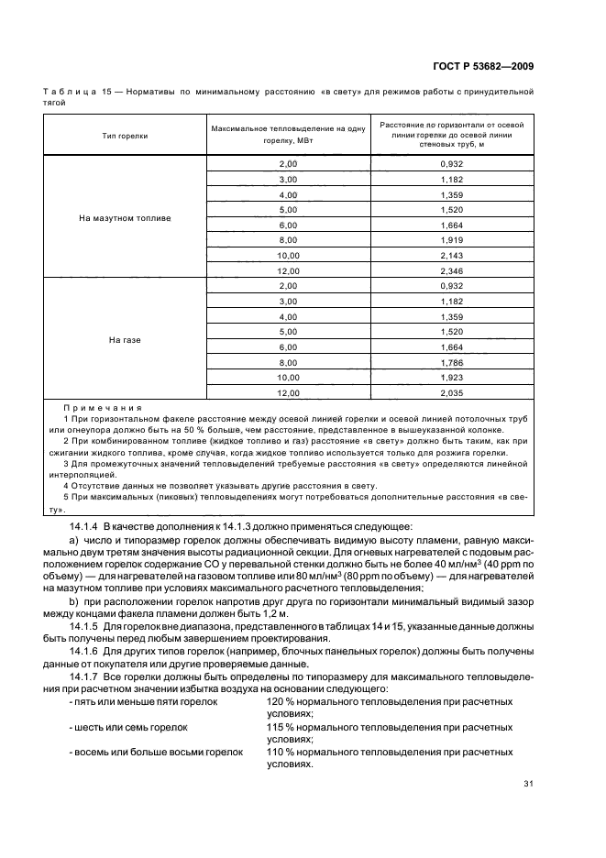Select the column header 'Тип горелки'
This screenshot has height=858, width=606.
(x=126, y=135)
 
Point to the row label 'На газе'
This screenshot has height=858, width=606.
(x=126, y=339)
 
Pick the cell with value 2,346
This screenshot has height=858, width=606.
(x=452, y=271)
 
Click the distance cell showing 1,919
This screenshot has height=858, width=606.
(x=452, y=240)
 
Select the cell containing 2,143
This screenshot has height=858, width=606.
(x=452, y=256)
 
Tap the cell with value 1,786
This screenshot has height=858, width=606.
(x=452, y=362)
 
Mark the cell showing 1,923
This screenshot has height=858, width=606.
(x=452, y=378)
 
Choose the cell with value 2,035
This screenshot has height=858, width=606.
(x=452, y=393)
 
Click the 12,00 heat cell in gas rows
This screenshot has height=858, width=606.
(x=289, y=393)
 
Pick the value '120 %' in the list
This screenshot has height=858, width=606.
(x=280, y=701)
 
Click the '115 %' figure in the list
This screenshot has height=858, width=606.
(x=280, y=726)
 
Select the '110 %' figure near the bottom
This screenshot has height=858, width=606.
(x=280, y=751)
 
